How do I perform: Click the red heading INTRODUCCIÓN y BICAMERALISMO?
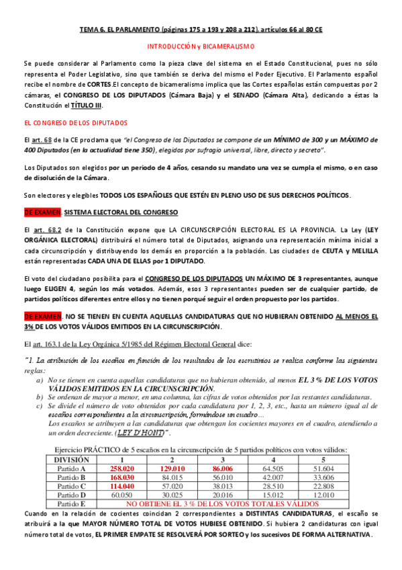click(201, 46)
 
